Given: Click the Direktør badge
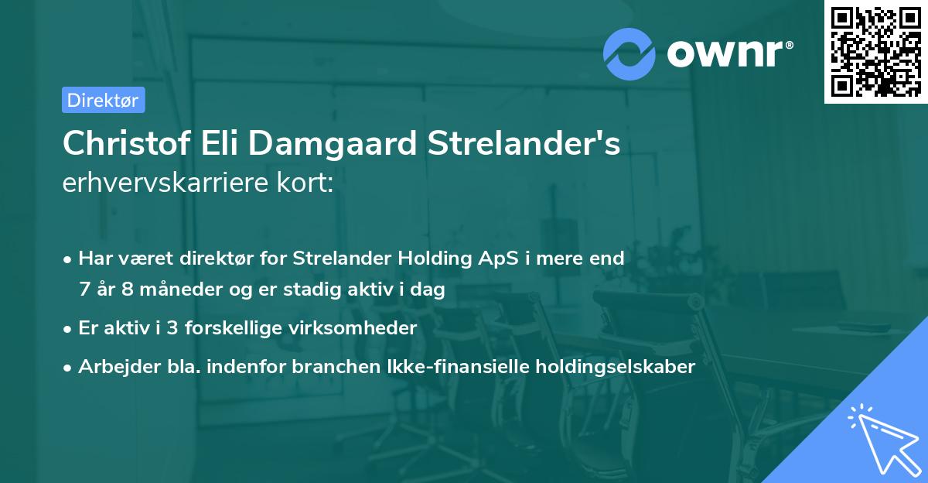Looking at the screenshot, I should [103, 100].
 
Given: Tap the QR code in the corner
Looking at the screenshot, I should [875, 51].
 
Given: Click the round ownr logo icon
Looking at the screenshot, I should [629, 54].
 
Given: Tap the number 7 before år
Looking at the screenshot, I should [84, 289].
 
